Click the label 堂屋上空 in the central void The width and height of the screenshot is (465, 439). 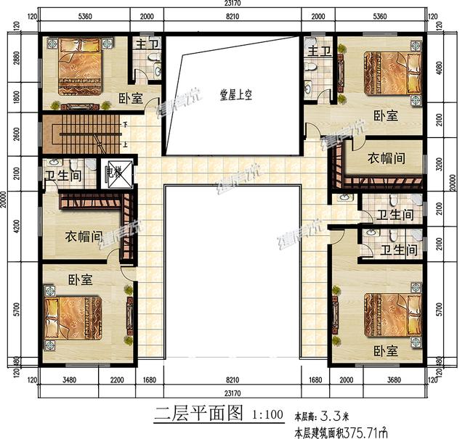coord(234,94)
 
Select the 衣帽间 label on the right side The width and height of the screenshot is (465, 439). coord(384,157)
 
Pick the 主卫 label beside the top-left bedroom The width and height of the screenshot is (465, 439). coord(142,45)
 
